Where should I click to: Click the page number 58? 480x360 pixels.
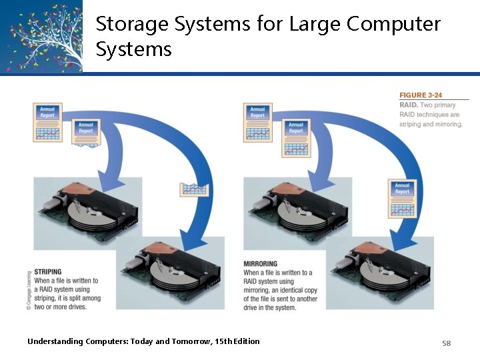coord(447,343)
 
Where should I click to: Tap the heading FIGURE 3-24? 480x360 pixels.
coord(421,95)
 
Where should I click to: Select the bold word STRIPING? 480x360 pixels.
coord(47,272)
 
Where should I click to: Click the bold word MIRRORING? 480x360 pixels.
coord(260,264)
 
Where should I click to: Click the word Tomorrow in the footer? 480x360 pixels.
coord(193,341)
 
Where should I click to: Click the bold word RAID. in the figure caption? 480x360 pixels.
coord(408,105)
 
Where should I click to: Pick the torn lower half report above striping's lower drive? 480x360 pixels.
coord(195,189)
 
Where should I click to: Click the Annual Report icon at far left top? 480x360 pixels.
coord(47,122)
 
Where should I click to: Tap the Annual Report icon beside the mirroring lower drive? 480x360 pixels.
coord(402,199)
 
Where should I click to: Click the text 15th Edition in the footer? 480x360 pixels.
coord(237,341)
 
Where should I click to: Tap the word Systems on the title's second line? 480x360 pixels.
coord(133,49)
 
